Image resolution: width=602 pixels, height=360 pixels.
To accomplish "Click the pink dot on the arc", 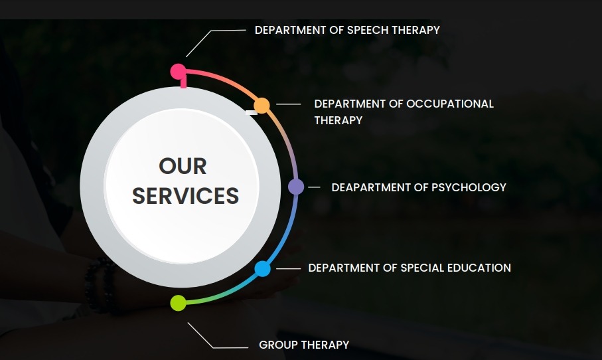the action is pos(178,72).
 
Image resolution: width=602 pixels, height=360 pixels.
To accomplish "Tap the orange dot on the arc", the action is pos(262,105).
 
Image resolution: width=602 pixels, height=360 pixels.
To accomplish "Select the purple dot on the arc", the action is pos(296,187).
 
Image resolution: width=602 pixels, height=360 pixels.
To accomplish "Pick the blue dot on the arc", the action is pos(263,268).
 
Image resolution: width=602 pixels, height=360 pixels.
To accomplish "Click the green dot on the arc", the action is pos(178,303).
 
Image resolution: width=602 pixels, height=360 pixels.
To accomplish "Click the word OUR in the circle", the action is pos(183,166).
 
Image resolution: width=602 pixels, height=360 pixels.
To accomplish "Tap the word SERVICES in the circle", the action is pos(185,195).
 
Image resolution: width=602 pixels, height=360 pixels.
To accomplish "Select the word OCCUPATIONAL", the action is pos(450,104).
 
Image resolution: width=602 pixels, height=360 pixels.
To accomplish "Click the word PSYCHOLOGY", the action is pos(469,187).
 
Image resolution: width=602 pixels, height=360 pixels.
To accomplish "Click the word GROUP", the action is pos(277,345).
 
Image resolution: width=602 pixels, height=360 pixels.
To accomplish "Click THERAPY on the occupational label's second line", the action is pos(339,120).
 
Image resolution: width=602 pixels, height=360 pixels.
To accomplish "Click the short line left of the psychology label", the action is pos(314,187).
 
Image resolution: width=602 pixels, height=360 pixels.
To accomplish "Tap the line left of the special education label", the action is pos(288,268).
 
